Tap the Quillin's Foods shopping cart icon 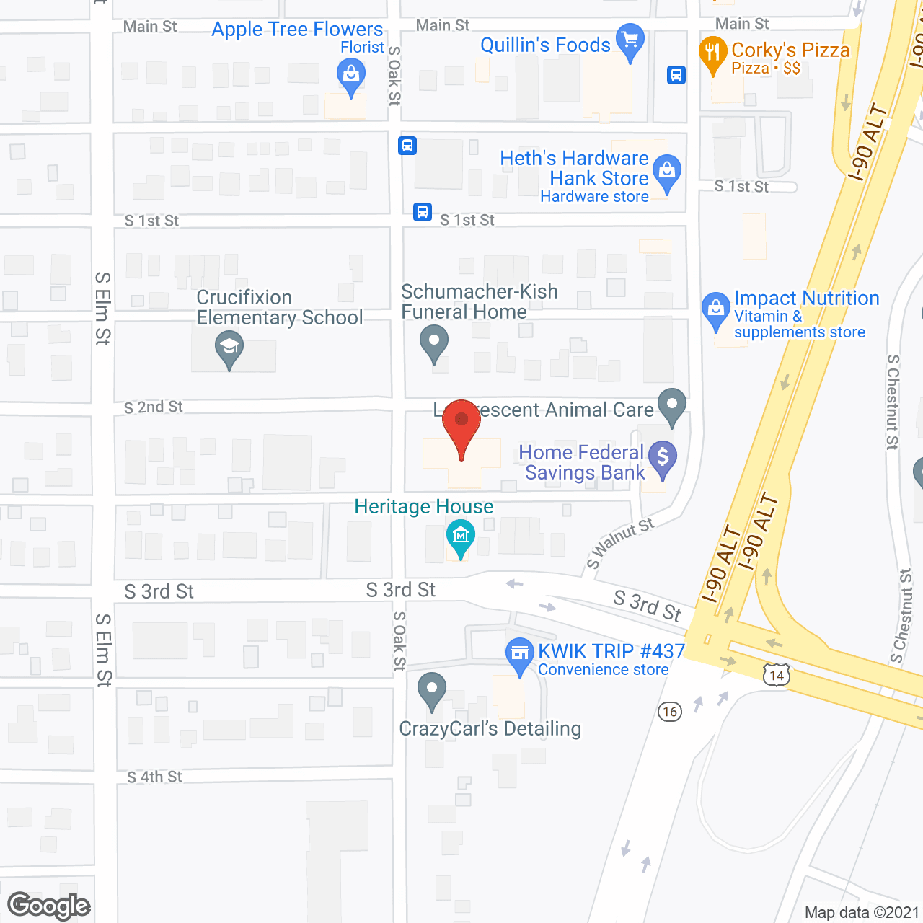[x=630, y=41]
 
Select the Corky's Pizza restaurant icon [x=712, y=53]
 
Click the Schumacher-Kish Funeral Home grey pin [x=434, y=343]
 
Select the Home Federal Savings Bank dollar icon [x=663, y=458]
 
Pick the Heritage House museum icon [x=460, y=537]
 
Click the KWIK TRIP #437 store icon [x=519, y=654]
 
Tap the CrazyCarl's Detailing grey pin [x=432, y=690]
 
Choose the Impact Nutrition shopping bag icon [x=716, y=309]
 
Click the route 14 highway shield [x=777, y=676]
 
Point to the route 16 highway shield [x=670, y=712]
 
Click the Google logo [x=49, y=906]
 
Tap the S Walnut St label [x=620, y=542]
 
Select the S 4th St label [x=154, y=777]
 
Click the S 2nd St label [x=154, y=407]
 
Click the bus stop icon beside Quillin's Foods [x=676, y=75]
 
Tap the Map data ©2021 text [x=862, y=913]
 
